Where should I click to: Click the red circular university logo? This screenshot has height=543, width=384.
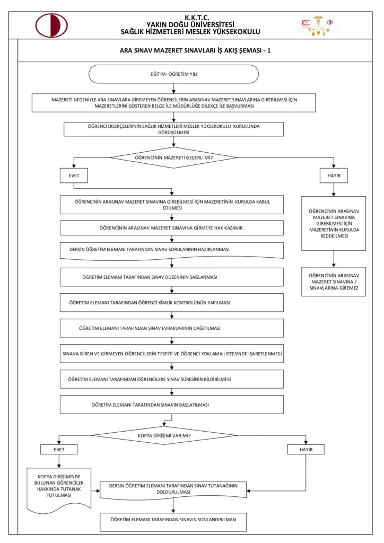click(x=51, y=25)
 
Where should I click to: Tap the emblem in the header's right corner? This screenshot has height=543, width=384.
click(x=318, y=25)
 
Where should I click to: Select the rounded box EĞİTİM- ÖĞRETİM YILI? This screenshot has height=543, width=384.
click(x=173, y=74)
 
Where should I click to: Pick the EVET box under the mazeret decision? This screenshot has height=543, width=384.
click(x=73, y=176)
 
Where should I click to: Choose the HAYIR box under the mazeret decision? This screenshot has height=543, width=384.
click(x=334, y=176)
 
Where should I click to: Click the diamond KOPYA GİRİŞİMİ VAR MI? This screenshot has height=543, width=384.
click(x=164, y=436)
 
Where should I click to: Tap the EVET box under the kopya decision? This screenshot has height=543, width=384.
click(x=58, y=449)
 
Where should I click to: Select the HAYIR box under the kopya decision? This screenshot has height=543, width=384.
click(x=306, y=449)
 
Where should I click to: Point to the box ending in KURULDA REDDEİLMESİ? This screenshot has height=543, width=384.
click(x=334, y=223)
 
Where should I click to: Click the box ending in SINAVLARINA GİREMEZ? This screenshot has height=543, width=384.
click(x=334, y=281)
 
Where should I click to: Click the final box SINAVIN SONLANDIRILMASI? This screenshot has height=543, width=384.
click(x=173, y=522)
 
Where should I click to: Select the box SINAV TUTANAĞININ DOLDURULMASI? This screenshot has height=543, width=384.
click(x=173, y=488)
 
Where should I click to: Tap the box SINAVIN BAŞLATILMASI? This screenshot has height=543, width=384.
click(x=171, y=405)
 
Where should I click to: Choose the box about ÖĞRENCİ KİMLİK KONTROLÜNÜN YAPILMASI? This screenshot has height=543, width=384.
click(x=171, y=302)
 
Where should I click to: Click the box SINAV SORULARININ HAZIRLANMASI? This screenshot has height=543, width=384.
click(x=171, y=250)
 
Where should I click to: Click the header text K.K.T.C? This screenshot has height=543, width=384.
click(x=197, y=17)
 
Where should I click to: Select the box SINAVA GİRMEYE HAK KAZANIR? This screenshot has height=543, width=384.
click(x=171, y=227)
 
